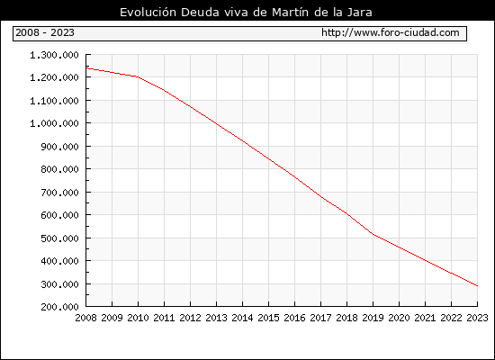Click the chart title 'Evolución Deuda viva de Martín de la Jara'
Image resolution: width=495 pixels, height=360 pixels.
[246, 13]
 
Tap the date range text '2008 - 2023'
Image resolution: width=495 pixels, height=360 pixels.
[45, 32]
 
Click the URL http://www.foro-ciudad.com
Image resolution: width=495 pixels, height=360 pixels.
[391, 32]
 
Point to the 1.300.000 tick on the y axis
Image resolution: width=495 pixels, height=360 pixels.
[54, 55]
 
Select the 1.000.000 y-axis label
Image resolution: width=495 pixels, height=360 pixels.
[54, 123]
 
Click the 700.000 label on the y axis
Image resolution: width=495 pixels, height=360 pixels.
[59, 193]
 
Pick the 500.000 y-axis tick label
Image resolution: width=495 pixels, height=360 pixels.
[59, 238]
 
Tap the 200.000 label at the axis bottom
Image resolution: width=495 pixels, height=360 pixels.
[59, 307]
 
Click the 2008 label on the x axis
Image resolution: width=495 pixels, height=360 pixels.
[85, 318]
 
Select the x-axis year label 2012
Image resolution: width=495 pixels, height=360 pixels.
[191, 318]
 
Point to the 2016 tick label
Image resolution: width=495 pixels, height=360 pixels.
[294, 318]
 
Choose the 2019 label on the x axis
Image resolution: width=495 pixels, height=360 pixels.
[373, 318]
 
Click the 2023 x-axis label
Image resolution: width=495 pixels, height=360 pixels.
[477, 318]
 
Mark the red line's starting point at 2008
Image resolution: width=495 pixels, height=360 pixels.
[86, 68]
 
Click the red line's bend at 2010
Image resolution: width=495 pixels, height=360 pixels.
[138, 76]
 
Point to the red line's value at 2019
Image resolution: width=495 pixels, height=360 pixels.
[373, 234]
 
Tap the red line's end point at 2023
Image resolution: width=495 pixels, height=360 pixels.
[477, 286]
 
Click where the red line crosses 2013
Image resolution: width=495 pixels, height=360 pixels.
[216, 123]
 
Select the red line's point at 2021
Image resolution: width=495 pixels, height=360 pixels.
[425, 260]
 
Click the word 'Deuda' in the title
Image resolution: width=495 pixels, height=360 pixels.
[200, 13]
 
